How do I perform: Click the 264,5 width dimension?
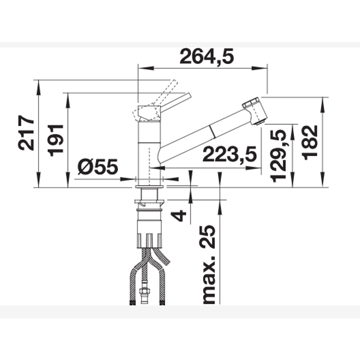coord(206,56)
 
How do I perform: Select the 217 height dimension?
coord(26,133)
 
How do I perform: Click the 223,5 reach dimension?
coord(229,154)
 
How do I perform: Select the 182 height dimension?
coord(310,143)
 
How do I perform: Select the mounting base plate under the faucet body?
coord(149,187)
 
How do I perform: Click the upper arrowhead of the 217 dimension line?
coord(38,84)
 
